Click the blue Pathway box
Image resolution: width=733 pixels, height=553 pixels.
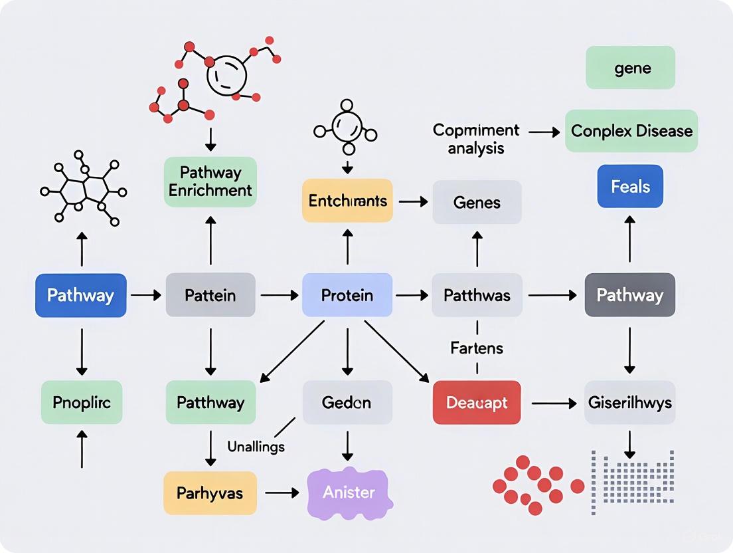[x=80, y=295]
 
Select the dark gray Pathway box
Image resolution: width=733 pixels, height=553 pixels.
[x=629, y=295]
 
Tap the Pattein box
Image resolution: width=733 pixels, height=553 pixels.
[x=210, y=295]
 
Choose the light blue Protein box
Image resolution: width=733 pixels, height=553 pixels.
[x=347, y=295]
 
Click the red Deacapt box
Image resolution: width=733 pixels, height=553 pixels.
[x=477, y=403]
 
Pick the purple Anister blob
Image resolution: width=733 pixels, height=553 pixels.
[x=349, y=493]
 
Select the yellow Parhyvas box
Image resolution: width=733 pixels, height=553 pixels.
[x=210, y=493]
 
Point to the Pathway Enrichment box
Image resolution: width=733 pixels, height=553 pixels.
[x=210, y=182]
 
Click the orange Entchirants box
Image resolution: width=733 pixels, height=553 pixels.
[x=347, y=201]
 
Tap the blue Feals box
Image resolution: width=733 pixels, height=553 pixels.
[x=629, y=187]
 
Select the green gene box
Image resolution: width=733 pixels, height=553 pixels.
[x=629, y=68]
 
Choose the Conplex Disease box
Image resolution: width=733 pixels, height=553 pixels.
[x=631, y=131]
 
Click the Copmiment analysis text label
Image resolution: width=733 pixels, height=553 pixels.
[x=476, y=138]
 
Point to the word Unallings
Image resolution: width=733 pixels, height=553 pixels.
[x=256, y=447]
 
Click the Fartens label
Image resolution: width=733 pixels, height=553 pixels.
[x=477, y=348]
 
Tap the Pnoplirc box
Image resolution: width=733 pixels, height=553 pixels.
[x=81, y=403]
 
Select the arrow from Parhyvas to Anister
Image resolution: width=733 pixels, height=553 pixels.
[x=282, y=493]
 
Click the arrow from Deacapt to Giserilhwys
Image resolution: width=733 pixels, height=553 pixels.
[x=552, y=403]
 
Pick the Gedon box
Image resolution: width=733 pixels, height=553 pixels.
[x=347, y=403]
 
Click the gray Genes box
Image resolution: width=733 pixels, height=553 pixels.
[x=477, y=201]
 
